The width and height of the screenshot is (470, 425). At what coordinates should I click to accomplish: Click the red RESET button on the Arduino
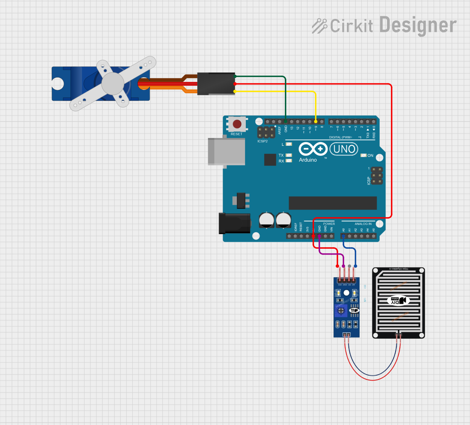tap(237, 124)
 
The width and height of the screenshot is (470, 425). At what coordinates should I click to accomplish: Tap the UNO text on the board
tap(344, 149)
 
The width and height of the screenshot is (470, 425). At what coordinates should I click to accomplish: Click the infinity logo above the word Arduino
tap(313, 149)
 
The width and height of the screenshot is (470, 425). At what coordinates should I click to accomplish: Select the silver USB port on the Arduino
tap(227, 152)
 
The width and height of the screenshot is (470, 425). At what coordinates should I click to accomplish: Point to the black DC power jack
tap(234, 223)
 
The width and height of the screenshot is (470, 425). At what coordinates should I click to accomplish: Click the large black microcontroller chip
tap(333, 203)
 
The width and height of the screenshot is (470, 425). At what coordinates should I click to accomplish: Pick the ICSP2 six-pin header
tap(266, 133)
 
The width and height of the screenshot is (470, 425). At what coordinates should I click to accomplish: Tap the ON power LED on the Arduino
tap(363, 155)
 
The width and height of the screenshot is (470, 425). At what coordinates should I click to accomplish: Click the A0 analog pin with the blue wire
tap(343, 236)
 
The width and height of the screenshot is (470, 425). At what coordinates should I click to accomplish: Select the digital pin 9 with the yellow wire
tap(316, 122)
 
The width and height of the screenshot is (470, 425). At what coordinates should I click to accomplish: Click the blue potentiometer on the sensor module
tap(341, 310)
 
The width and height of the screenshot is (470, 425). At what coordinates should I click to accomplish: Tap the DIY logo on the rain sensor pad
tap(398, 300)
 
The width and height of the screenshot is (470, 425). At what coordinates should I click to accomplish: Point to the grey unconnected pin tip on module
tap(349, 266)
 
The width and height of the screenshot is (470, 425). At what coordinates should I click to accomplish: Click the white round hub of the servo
tap(113, 83)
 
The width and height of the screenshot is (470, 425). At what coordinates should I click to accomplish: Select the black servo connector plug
tap(216, 84)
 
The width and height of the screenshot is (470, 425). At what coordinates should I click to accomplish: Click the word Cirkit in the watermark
tap(352, 26)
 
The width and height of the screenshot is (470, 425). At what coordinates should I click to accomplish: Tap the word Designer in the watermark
tap(418, 25)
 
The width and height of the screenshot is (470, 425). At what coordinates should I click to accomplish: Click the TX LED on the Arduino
tap(289, 155)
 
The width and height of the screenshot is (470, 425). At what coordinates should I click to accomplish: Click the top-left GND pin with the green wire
tap(286, 122)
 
